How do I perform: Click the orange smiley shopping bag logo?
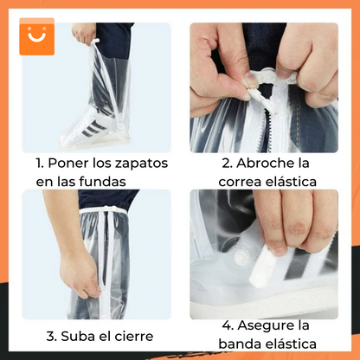pyautogui.click(x=35, y=35)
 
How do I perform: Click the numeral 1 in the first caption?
pyautogui.click(x=39, y=164)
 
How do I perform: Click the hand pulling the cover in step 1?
pyautogui.click(x=84, y=33)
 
